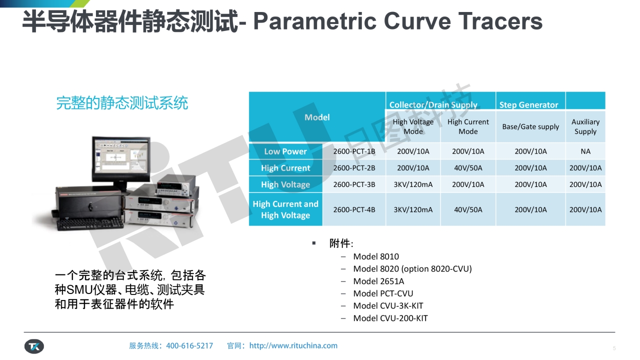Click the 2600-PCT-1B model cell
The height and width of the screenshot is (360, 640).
pos(354,151)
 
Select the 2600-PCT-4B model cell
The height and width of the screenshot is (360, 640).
pos(354,209)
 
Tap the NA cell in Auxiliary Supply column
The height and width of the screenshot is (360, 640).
pos(585,151)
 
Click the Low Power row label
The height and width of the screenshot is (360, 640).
pos(285,151)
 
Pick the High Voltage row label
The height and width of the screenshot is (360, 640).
pos(285,184)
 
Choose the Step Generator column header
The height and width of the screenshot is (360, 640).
pos(528,105)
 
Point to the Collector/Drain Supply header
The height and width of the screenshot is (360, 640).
pos(433,105)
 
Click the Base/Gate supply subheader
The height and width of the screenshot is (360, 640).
pos(530,126)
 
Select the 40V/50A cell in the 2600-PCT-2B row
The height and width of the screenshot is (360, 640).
pos(468,168)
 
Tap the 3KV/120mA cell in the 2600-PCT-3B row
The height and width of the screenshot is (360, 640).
pos(413,184)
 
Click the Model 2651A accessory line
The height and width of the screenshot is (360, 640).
pos(378,281)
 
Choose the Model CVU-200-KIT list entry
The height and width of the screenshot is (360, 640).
pos(390,318)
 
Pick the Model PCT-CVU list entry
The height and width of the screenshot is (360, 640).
pos(383,293)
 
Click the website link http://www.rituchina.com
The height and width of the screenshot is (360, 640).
pos(293,345)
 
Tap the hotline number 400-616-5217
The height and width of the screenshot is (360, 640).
pos(189,345)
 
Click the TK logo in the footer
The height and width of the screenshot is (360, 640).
pos(34,346)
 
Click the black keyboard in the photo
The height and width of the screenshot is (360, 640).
pos(90,223)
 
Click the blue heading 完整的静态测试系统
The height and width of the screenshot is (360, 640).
pos(122,103)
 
